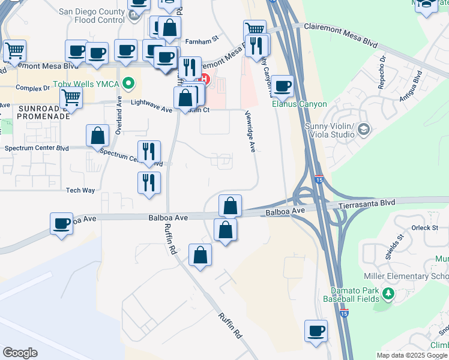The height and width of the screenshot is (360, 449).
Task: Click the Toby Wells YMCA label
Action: tap(87, 83)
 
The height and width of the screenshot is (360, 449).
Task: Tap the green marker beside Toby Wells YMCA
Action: tap(127, 83)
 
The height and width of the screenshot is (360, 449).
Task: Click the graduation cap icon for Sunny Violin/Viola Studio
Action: tap(363, 128)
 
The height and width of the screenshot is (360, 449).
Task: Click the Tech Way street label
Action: tap(80, 190)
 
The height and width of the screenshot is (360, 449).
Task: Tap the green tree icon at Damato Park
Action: tap(388, 293)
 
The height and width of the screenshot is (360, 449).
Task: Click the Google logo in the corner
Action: tap(20, 353)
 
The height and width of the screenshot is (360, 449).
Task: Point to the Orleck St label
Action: tap(425, 227)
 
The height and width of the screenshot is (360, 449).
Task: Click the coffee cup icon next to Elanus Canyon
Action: tap(282, 85)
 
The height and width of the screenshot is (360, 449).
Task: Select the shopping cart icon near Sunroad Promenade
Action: tap(71, 96)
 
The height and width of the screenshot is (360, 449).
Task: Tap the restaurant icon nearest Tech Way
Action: tap(149, 182)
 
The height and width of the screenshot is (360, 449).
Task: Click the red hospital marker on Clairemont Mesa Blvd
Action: tap(205, 78)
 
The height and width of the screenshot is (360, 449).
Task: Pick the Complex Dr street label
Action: tap(32, 88)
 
